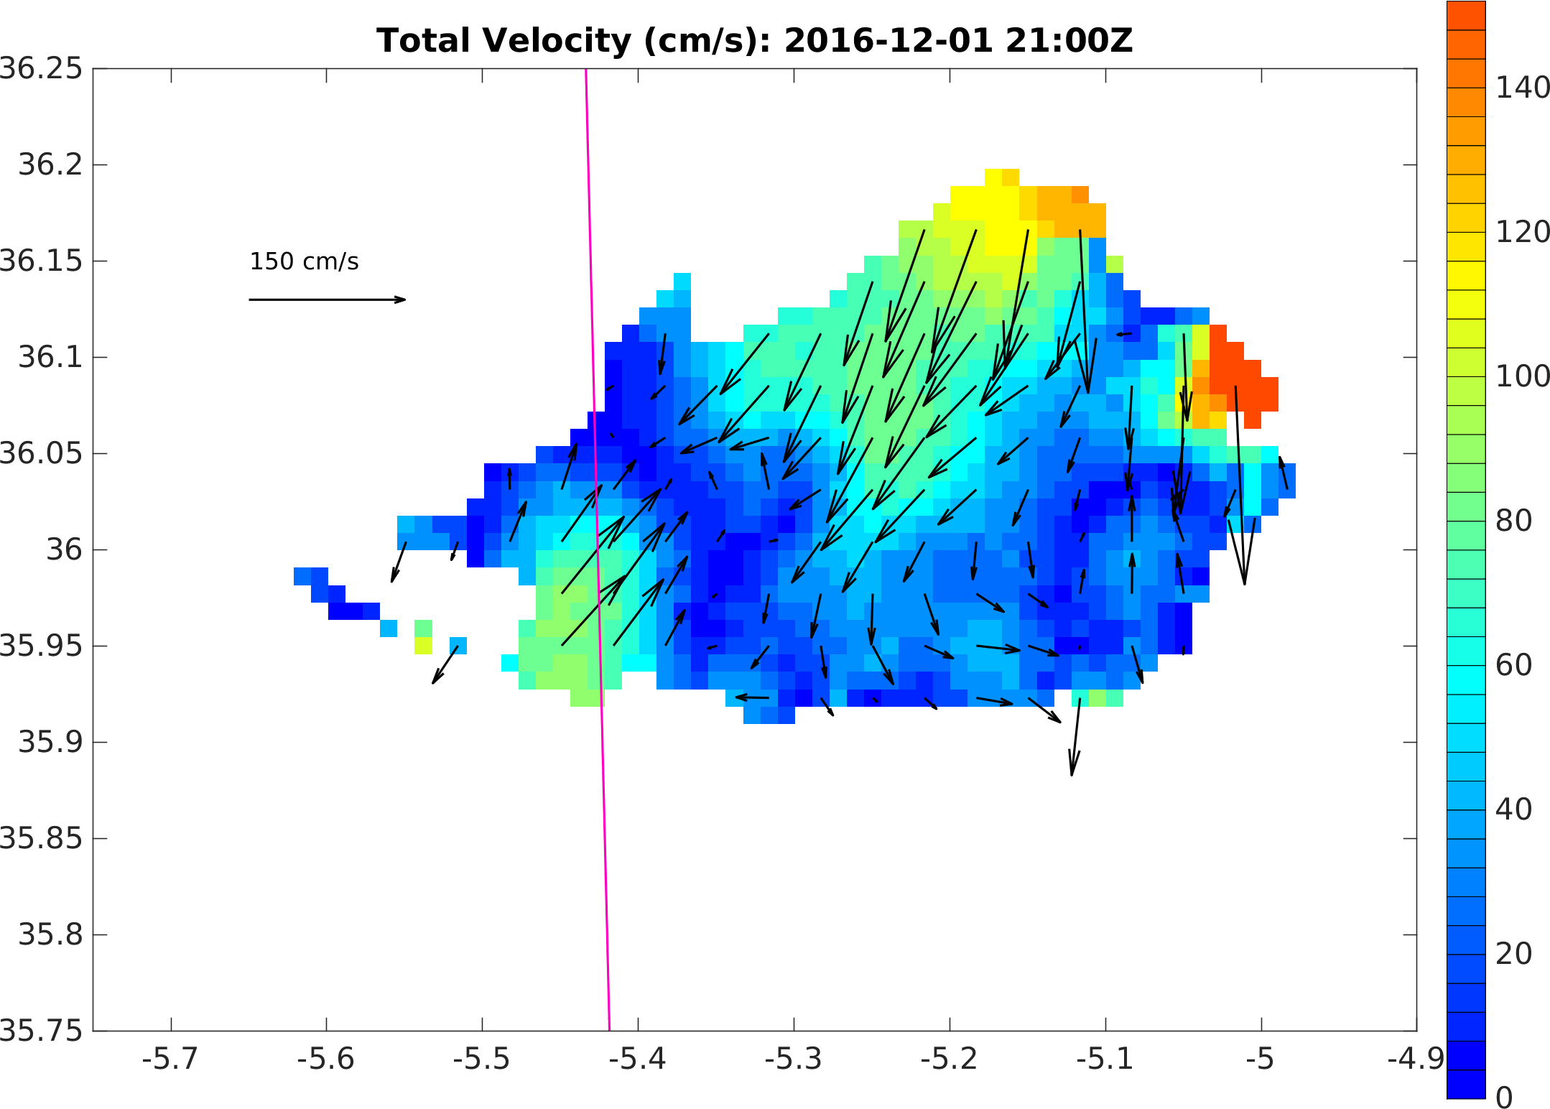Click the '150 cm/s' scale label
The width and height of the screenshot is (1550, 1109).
point(304,261)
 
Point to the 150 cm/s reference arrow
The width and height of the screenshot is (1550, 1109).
point(327,300)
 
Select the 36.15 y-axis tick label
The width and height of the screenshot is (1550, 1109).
point(42,261)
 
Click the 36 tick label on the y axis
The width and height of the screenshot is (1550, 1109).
point(65,549)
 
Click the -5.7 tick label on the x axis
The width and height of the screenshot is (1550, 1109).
point(170,1059)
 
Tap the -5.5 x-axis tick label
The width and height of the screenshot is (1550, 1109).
point(481,1059)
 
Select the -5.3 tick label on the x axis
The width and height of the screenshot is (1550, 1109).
point(793,1059)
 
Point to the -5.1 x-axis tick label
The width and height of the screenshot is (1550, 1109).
point(1105,1059)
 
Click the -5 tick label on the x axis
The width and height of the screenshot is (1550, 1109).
point(1261,1059)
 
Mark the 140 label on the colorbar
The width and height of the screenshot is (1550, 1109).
point(1522,88)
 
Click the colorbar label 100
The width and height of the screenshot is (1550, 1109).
point(1522,376)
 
